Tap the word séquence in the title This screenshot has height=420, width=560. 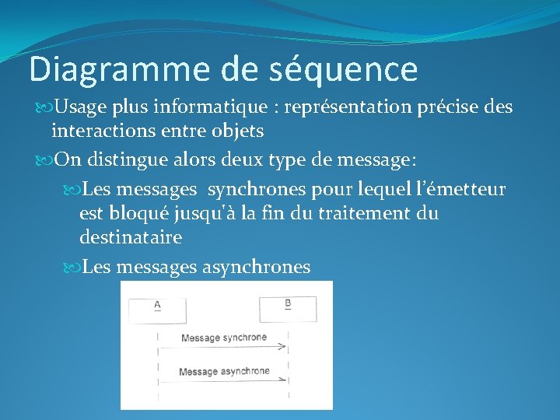click(343, 70)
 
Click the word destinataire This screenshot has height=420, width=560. click(130, 237)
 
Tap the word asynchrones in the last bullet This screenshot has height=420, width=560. click(256, 268)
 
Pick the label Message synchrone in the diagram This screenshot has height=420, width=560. click(223, 338)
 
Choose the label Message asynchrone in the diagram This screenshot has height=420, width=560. click(224, 371)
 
